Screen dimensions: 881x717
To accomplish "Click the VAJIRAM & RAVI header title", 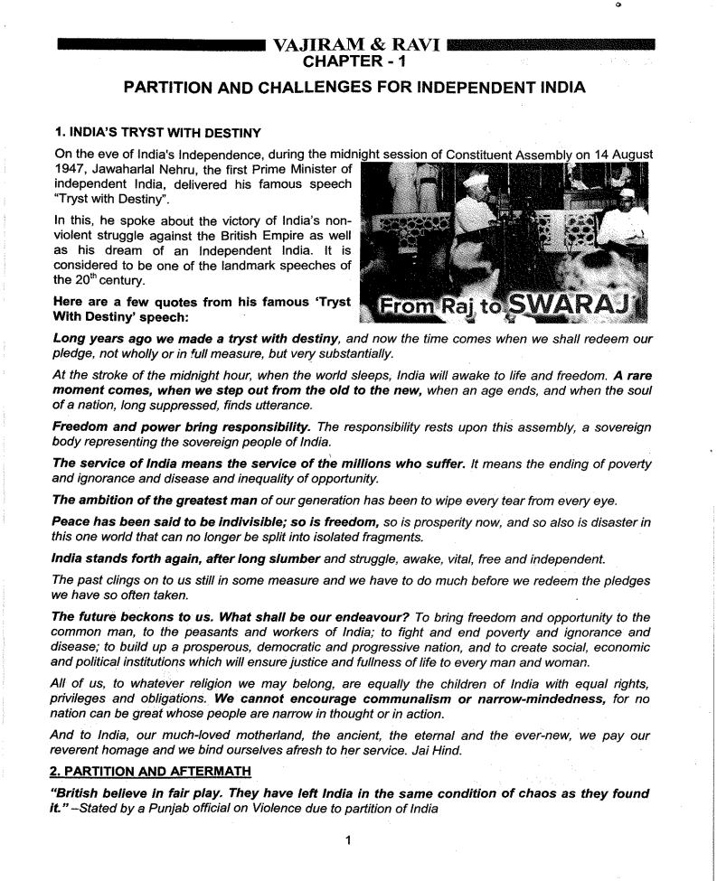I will (356, 44).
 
